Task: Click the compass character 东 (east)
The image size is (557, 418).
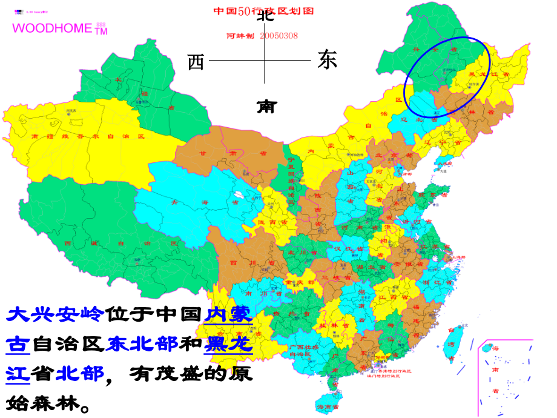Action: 327,61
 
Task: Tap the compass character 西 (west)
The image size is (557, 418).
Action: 196,61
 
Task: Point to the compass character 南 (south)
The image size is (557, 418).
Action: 266,107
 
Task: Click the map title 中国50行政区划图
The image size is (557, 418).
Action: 255,11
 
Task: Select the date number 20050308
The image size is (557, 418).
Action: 278,35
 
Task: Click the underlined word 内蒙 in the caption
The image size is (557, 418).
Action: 228,314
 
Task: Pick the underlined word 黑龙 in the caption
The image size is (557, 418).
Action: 228,343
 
